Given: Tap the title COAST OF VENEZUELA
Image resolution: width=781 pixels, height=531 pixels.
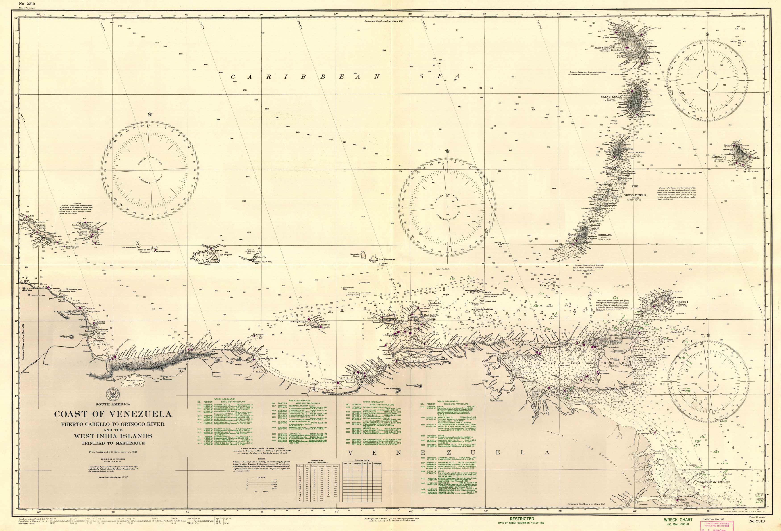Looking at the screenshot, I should click(113, 414).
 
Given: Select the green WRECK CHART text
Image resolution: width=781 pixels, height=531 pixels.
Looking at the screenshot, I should click(678, 520).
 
